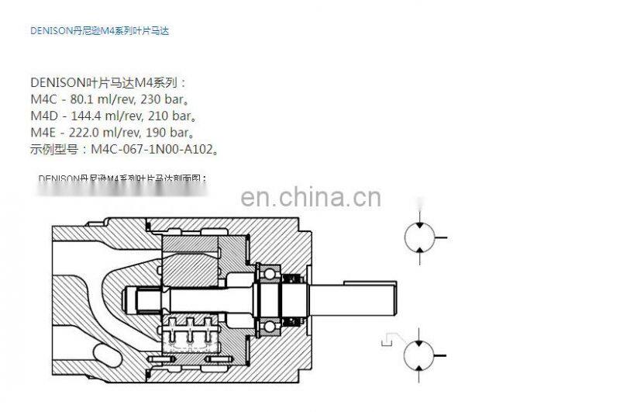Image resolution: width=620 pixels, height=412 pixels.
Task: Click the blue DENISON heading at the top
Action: tap(99, 32)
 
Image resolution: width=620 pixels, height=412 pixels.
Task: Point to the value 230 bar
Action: tap(164, 99)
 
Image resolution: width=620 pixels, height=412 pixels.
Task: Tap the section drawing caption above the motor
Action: tap(122, 178)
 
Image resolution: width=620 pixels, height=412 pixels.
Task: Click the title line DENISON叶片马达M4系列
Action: tap(108, 82)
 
